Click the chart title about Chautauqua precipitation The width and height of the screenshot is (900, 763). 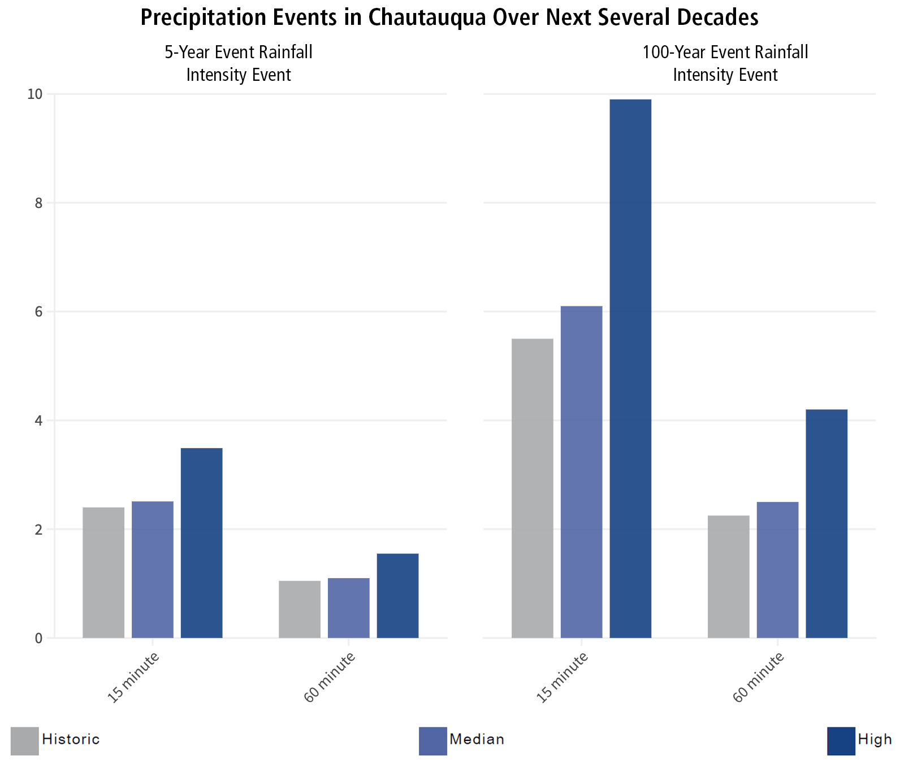(x=449, y=18)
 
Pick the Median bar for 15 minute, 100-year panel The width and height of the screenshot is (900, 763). (x=581, y=472)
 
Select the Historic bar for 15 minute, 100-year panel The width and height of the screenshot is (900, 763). (x=532, y=488)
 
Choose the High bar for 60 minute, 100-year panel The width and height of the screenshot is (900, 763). (x=826, y=523)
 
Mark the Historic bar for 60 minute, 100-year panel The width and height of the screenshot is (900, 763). (x=728, y=576)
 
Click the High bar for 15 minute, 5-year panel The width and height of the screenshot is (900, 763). (x=201, y=543)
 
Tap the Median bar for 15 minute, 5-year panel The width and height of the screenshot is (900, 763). (x=153, y=570)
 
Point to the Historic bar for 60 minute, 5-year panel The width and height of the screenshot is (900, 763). (x=300, y=609)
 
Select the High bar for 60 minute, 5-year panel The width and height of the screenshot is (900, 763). (x=397, y=596)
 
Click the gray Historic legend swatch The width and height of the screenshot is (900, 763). (x=25, y=740)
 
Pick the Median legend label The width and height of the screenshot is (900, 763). (x=477, y=739)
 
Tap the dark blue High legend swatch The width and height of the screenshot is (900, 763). (x=841, y=740)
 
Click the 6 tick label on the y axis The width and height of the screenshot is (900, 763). (x=38, y=311)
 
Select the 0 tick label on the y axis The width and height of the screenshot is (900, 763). (x=38, y=638)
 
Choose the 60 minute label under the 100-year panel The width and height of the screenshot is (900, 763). (x=759, y=677)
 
